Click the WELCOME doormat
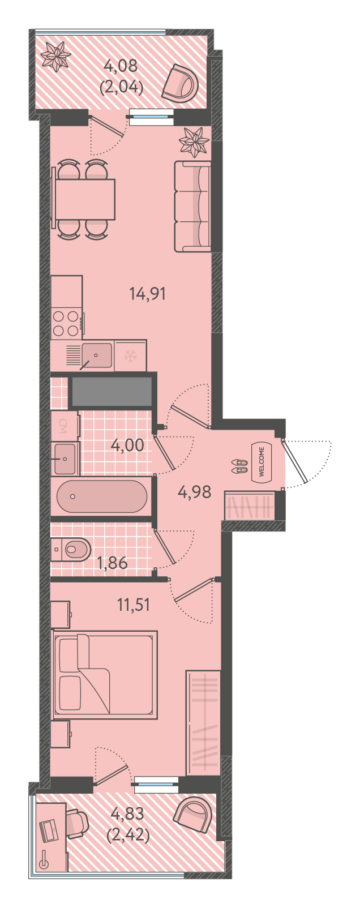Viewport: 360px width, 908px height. click(262, 462)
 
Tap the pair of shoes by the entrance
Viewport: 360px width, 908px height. click(239, 466)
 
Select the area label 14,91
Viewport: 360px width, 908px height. click(148, 293)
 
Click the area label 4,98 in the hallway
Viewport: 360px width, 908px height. click(195, 492)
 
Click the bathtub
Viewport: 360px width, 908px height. click(102, 496)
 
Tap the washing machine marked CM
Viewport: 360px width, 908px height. click(64, 426)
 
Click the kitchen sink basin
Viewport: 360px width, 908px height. click(96, 356)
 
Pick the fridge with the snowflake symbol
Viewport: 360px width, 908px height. click(131, 356)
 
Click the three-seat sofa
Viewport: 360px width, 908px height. click(193, 206)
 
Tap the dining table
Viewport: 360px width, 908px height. click(85, 199)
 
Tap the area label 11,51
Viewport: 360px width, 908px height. click(134, 605)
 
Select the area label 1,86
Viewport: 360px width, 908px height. click(112, 563)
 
